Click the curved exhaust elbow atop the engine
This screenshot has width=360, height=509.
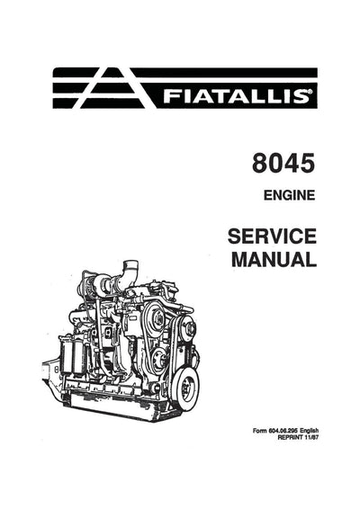[131, 269]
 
